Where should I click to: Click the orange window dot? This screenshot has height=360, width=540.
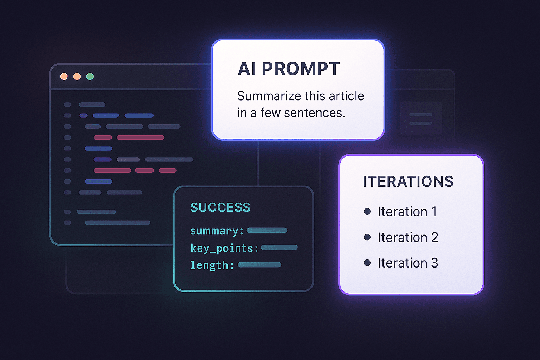pos(64,76)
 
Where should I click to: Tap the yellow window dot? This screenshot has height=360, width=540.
pos(77,76)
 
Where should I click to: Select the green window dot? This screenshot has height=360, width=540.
pos(90,76)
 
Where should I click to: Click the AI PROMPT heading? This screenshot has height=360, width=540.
pos(289,69)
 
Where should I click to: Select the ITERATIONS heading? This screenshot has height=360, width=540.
pos(408,181)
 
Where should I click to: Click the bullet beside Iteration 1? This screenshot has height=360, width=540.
pos(367,211)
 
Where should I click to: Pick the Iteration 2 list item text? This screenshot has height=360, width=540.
pos(408,237)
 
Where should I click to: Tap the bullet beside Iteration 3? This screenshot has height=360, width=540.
pos(367,263)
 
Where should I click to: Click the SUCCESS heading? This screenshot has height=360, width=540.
pos(220,207)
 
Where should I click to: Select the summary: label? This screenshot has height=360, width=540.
pos(217,231)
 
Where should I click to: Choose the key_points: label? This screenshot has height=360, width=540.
pos(224,248)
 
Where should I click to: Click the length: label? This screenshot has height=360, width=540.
pos(212,265)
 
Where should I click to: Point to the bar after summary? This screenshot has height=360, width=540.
pos(267,231)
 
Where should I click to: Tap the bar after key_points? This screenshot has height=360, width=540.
pos(279,247)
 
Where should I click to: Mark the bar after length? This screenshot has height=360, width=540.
pos(259,265)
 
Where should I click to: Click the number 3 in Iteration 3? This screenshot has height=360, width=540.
pos(435,263)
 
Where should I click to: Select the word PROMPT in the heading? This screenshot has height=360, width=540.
pos(301,69)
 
